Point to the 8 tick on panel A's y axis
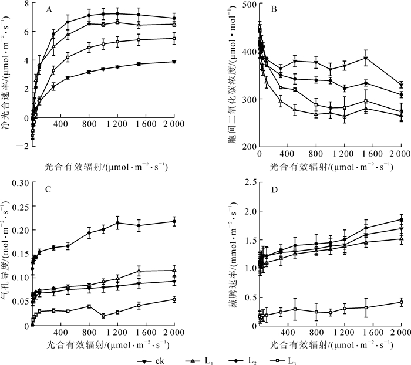26,4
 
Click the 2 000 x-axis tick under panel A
174,138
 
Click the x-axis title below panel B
330,151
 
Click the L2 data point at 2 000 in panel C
174,221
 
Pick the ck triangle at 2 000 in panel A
174,62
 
